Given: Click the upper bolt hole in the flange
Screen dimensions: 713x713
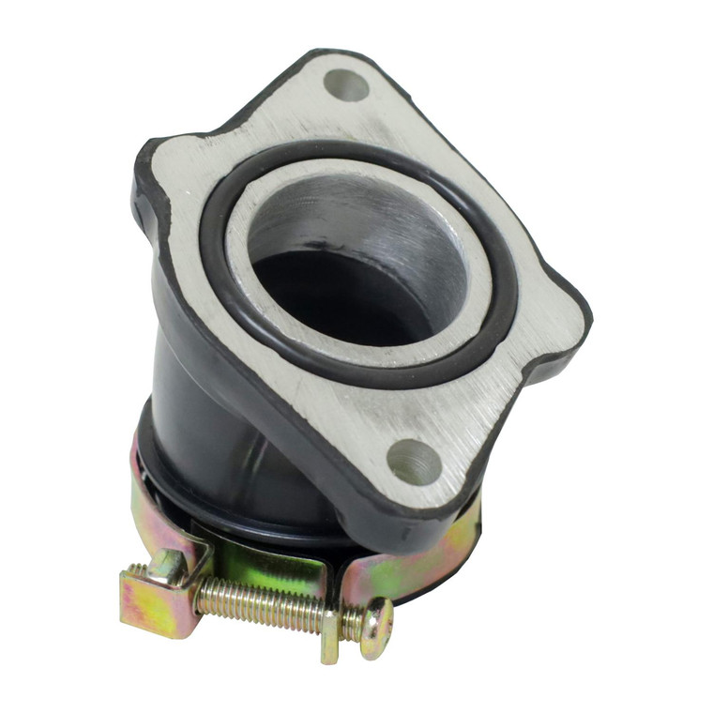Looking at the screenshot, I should click(347, 85).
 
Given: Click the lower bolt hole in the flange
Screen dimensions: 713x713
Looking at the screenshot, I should click(414, 462).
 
